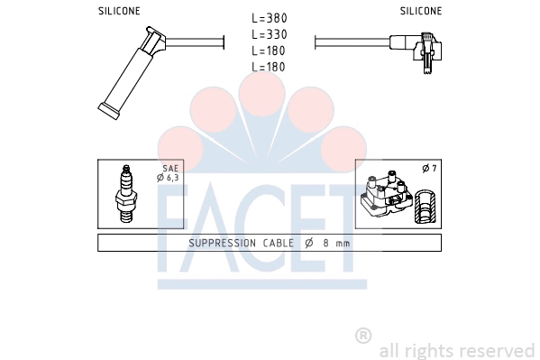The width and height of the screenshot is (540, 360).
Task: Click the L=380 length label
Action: (x=270, y=18)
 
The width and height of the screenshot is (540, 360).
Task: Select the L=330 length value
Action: (x=270, y=34)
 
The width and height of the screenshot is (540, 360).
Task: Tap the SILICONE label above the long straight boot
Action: (x=119, y=11)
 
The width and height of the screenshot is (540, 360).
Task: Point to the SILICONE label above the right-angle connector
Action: (x=420, y=11)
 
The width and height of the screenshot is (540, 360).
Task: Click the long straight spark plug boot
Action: (x=131, y=72)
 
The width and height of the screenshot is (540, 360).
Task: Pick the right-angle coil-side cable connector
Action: (x=416, y=50)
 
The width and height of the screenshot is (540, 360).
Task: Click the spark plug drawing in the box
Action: (x=126, y=194)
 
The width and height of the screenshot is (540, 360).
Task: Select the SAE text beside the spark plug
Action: (x=170, y=169)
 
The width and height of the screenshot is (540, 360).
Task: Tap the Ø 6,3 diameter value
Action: (x=168, y=178)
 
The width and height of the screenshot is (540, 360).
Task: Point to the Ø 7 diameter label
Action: (x=429, y=169)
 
